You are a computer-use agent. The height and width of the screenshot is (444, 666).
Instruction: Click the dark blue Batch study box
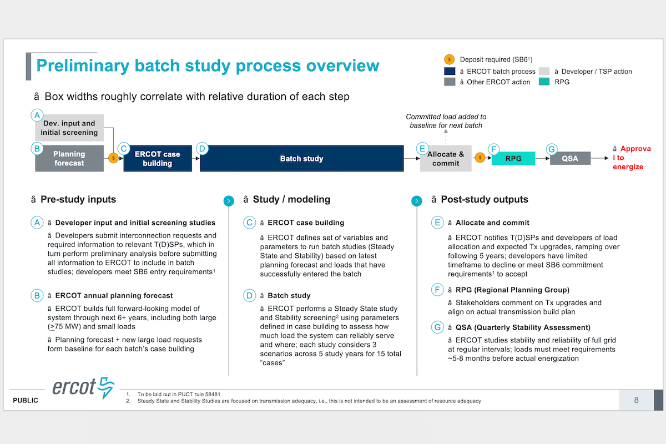coord(301,159)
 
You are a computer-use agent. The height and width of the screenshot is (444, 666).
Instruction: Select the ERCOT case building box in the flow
coord(157,159)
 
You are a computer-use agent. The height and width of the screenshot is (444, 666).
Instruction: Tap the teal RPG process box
coord(513,159)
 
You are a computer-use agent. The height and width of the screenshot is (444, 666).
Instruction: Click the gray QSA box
coord(569,159)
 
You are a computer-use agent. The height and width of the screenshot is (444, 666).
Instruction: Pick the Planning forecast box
coord(69,159)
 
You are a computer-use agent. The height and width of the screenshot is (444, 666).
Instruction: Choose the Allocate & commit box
coord(446,159)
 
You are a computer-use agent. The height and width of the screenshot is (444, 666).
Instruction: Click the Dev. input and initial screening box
coord(69,128)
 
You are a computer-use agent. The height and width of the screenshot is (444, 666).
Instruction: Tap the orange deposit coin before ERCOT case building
coord(113,158)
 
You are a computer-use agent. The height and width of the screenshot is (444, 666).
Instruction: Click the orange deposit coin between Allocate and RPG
coord(480,158)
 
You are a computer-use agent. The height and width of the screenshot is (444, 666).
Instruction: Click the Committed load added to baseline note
coord(446,121)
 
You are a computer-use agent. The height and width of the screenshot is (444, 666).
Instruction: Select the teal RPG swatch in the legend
coord(544,82)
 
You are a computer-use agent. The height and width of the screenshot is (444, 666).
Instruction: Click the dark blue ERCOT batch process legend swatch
coord(450,71)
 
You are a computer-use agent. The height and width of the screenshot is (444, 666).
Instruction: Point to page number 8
coord(636,400)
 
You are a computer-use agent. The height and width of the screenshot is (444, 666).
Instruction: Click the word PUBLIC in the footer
coord(26,401)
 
